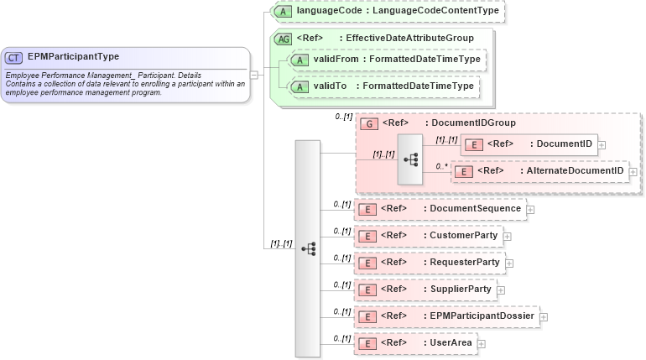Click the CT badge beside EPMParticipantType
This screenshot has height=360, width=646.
point(14,58)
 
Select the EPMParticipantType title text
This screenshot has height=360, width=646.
point(73,57)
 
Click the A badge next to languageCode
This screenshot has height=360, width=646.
point(284,11)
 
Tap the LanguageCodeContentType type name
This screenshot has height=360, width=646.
point(435,11)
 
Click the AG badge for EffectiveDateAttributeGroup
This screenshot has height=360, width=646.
point(284,38)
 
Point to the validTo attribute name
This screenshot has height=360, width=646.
point(330,86)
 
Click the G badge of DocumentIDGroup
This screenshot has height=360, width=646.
point(367,123)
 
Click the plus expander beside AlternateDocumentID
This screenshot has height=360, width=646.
point(633,171)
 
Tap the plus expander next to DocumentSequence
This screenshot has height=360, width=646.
point(530,209)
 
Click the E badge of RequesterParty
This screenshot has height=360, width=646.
point(366,263)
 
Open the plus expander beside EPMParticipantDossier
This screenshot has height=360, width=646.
point(544,316)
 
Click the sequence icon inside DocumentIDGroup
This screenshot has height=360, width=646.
point(411,158)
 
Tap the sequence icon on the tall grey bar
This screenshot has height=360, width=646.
point(308,248)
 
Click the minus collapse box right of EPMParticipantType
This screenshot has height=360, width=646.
point(254,74)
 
